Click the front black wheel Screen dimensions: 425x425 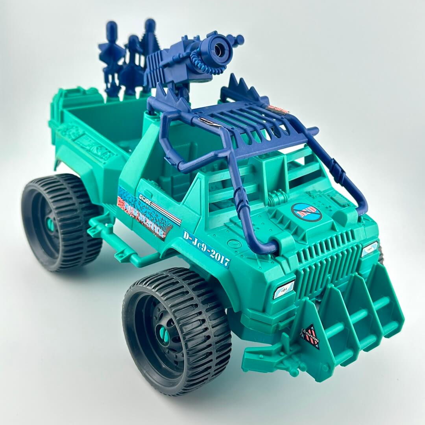click(177, 331)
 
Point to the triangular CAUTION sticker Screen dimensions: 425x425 click(310, 337)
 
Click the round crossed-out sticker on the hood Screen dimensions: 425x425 click(307, 213)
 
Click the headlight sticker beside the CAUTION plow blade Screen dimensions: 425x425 click(284, 289)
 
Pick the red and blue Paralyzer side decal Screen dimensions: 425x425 click(146, 214)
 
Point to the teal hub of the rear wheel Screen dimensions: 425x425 click(50, 224)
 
